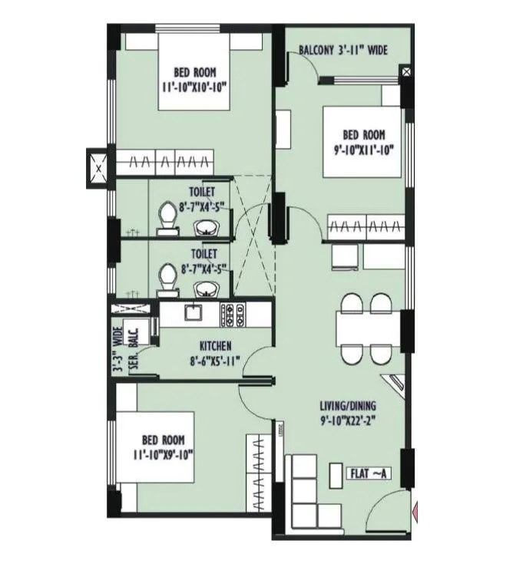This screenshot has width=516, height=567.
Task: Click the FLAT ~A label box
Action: [x=371, y=473]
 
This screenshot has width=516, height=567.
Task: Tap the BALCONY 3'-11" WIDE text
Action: [x=342, y=51]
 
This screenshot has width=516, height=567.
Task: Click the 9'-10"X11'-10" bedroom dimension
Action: [x=362, y=151]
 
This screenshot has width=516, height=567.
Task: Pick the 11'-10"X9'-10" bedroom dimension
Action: [x=163, y=454]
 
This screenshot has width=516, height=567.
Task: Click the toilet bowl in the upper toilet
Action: [x=165, y=218]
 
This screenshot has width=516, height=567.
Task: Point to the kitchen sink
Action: [x=191, y=312]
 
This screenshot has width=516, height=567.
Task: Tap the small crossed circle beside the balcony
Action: [x=406, y=72]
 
